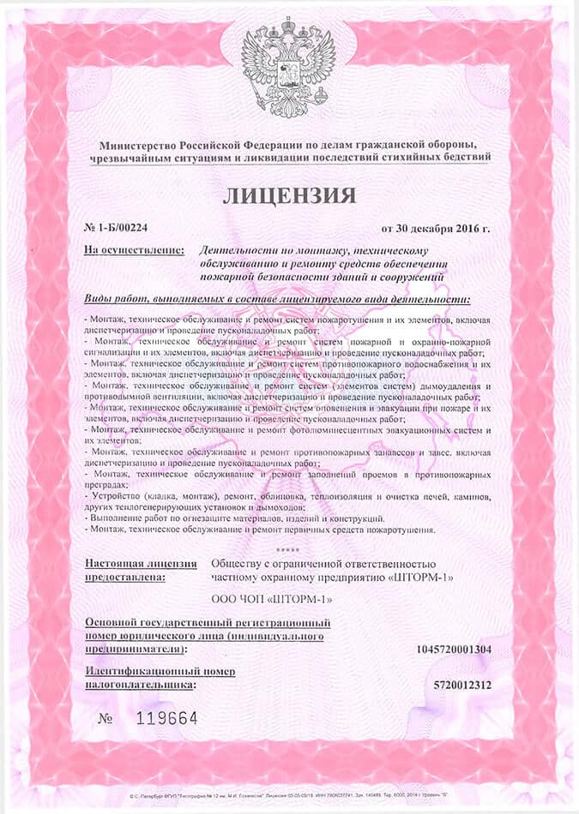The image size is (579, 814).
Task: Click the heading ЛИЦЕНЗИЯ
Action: pyautogui.click(x=289, y=195)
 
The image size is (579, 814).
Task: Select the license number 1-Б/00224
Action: pyautogui.click(x=123, y=228)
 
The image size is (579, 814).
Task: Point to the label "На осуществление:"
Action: pyautogui.click(x=135, y=249)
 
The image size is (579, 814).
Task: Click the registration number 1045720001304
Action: pyautogui.click(x=454, y=649)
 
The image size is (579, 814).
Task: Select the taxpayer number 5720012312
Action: pyautogui.click(x=463, y=685)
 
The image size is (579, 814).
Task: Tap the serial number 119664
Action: pyautogui.click(x=167, y=718)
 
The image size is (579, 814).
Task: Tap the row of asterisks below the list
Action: pyautogui.click(x=290, y=548)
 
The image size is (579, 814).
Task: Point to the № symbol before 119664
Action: pyautogui.click(x=106, y=718)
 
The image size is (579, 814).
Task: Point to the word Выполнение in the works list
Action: pyautogui.click(x=119, y=519)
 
